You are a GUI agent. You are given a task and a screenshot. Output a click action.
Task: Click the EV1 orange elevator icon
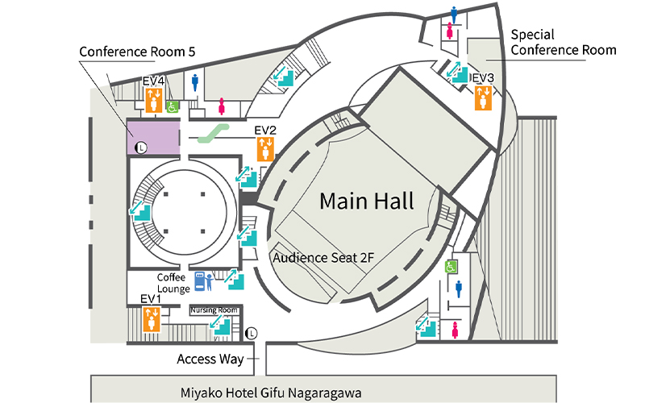pos(151,319)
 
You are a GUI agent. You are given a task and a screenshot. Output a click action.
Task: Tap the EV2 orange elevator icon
pos(265,149)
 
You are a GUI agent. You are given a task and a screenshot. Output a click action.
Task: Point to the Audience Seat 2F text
pos(322,259)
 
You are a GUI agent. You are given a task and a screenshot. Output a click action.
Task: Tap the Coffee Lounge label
pos(173,283)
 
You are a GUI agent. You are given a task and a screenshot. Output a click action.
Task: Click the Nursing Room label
pos(214,310)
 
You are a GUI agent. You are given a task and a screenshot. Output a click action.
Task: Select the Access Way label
pos(208,359)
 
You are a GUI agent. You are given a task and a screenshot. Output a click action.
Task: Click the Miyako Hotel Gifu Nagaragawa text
pos(270,393)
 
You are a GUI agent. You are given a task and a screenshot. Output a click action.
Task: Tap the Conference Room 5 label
pos(137,51)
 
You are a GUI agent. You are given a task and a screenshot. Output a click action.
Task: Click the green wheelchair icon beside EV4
pos(173,105)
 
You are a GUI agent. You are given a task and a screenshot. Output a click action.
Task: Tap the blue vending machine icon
pos(197,280)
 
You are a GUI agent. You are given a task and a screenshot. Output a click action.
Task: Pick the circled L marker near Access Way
pos(252,331)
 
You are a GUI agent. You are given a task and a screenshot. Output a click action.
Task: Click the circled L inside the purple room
pos(141,147)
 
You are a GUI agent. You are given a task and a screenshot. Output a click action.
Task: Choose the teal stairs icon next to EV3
pos(458,73)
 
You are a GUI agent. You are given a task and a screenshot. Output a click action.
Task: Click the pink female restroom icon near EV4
pos(222,106)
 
